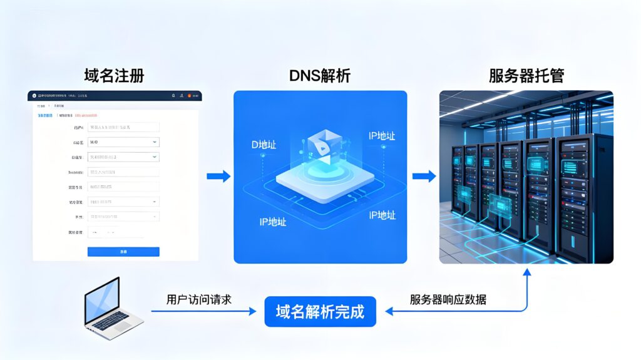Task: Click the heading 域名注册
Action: point(114,76)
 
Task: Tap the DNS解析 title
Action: point(319,76)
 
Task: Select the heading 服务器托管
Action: point(526,76)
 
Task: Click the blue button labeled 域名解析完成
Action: point(320,311)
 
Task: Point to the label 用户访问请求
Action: point(199,299)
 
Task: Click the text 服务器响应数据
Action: point(448,299)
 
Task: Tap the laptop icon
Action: point(111,309)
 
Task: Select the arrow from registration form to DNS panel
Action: point(218,177)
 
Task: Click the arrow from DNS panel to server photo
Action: point(424,177)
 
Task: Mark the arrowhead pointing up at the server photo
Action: point(527,272)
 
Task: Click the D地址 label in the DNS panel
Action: point(264,145)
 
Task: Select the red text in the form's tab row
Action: point(86,115)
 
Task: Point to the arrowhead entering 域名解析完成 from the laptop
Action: point(253,311)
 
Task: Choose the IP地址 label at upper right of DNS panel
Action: point(381,136)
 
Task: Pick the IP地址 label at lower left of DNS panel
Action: point(272,222)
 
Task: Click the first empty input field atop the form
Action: point(123,127)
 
